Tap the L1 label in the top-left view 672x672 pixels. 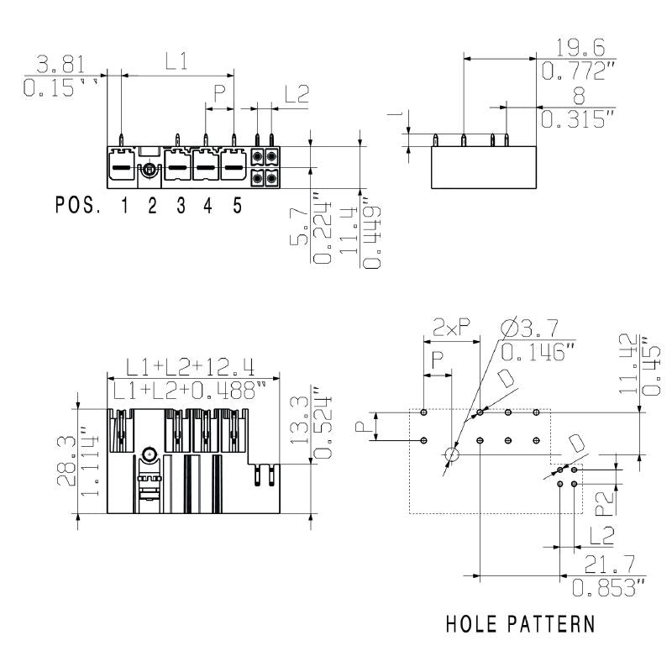click(176, 60)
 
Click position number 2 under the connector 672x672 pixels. click(152, 206)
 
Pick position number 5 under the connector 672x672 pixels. click(237, 206)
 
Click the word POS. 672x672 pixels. click(79, 206)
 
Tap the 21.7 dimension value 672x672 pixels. click(598, 565)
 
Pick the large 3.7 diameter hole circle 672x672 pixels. click(452, 454)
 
